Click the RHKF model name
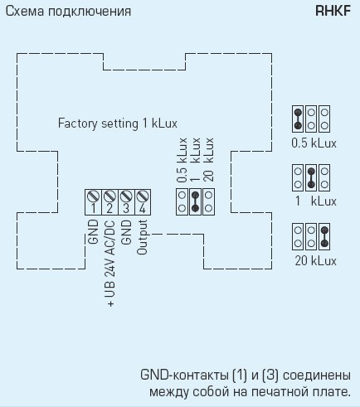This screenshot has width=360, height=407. coord(333,12)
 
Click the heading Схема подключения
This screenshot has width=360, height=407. coord(68,12)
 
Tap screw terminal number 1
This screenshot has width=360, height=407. coord(93,202)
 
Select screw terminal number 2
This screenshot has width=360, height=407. coord(109,202)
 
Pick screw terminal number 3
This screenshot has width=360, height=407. coord(126,202)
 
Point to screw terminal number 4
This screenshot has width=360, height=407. coord(143,202)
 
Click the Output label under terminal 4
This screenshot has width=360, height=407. coord(143,237)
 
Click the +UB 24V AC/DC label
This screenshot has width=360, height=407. coord(109,264)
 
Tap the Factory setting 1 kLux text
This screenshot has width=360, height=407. coord(118,124)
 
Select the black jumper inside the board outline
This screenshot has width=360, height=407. coord(195,201)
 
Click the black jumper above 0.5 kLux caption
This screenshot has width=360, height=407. coord(298,119)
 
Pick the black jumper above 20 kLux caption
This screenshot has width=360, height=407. coord(324,237)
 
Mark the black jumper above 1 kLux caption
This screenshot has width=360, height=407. coord(311,178)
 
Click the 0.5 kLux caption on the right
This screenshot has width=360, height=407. coord(314,143)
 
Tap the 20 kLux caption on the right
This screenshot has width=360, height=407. coord(316,261)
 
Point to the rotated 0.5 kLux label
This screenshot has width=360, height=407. coord(182,160)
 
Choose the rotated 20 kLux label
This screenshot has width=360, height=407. coord(209,160)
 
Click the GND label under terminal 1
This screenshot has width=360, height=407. coord(93,232)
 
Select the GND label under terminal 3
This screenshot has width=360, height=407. coord(126,232)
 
